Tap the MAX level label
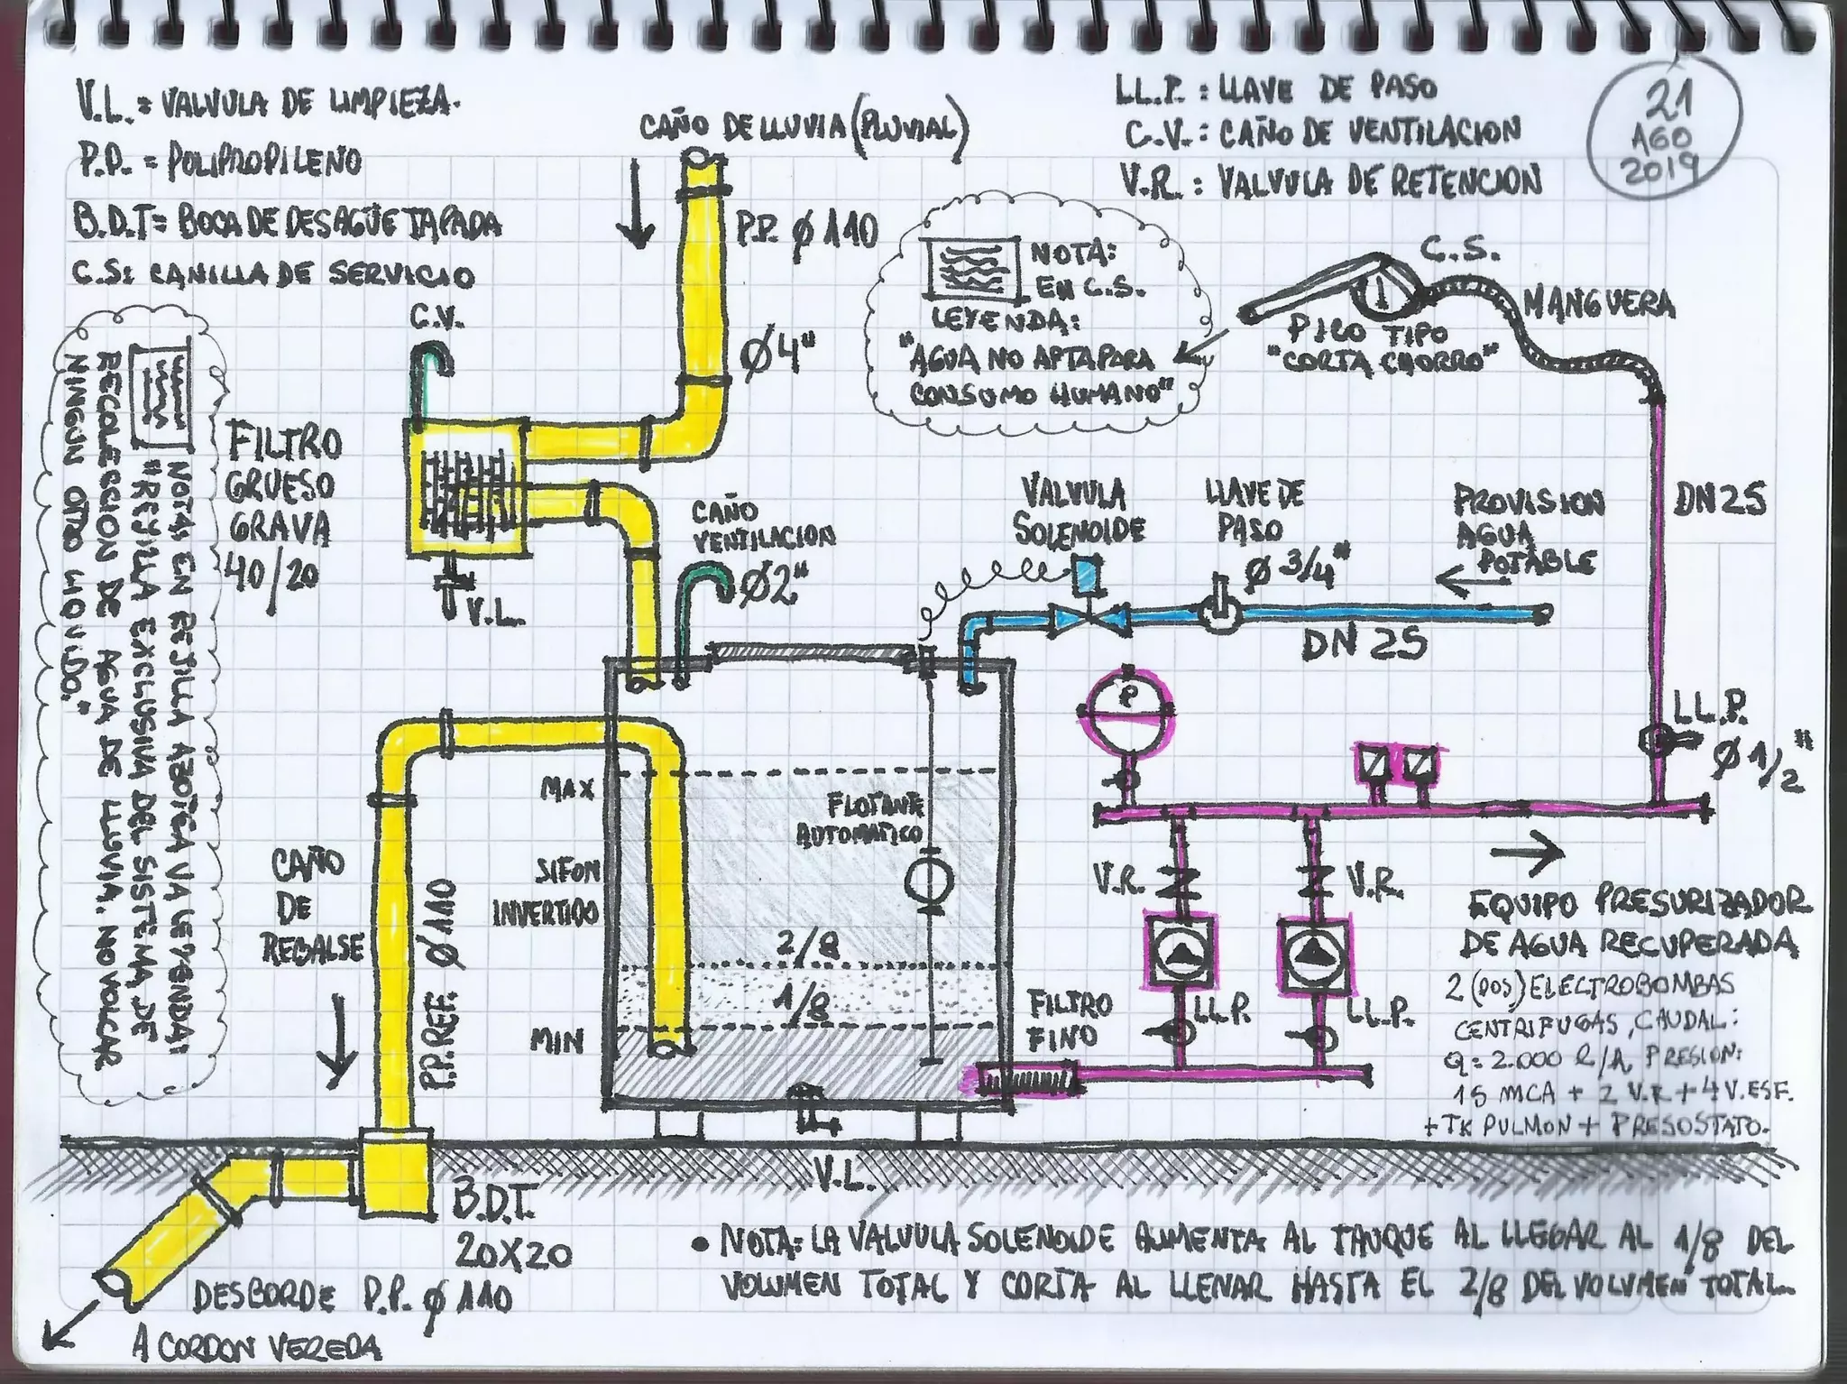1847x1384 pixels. (x=566, y=790)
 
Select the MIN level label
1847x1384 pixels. (x=556, y=1043)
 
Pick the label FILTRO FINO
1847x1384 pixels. (x=1071, y=1020)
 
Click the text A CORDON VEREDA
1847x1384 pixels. (x=256, y=1350)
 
